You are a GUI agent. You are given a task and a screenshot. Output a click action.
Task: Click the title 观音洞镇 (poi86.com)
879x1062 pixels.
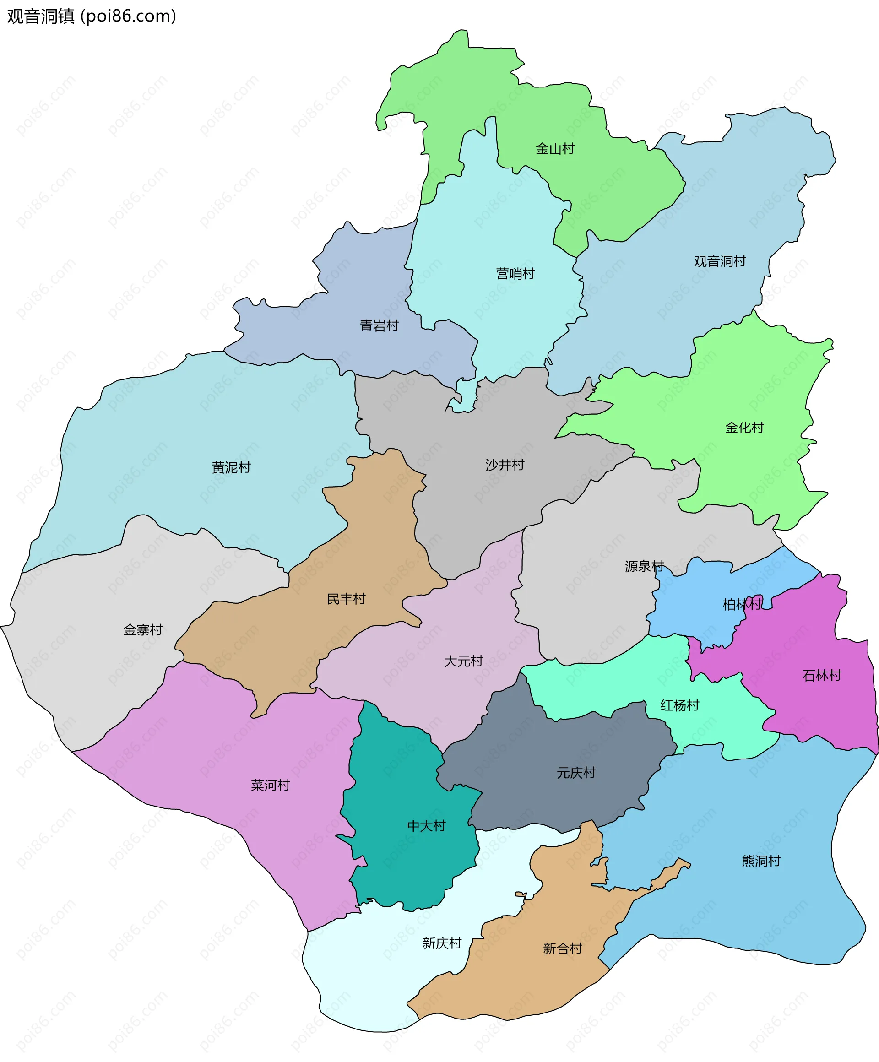pos(92,16)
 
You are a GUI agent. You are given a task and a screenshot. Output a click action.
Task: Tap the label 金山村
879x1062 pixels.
pos(555,149)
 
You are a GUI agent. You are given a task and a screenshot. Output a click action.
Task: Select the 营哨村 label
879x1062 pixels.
pos(515,274)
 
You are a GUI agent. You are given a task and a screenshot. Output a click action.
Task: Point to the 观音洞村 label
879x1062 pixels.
pos(720,261)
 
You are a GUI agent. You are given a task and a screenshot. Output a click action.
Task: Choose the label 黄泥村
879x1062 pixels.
pos(231,467)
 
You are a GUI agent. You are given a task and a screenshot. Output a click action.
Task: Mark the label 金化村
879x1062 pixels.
pos(744,428)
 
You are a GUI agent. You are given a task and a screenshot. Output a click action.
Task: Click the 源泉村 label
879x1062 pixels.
pos(644,566)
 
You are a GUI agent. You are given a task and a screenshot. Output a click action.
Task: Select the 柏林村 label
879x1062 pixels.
pos(742,604)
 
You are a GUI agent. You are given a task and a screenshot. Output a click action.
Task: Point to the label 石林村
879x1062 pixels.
pos(821,676)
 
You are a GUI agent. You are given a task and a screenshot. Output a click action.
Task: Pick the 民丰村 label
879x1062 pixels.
pos(346,599)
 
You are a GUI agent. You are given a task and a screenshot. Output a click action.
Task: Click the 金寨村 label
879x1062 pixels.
pos(143,629)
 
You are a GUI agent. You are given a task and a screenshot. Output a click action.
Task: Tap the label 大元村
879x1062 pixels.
pos(463,661)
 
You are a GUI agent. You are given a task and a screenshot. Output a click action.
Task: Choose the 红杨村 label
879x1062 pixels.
pos(679,705)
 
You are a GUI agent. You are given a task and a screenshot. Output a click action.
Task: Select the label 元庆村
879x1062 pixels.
pos(576,773)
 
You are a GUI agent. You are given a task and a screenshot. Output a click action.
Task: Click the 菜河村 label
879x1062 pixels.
pos(270,786)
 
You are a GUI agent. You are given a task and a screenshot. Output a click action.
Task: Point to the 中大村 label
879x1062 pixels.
pos(426,826)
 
